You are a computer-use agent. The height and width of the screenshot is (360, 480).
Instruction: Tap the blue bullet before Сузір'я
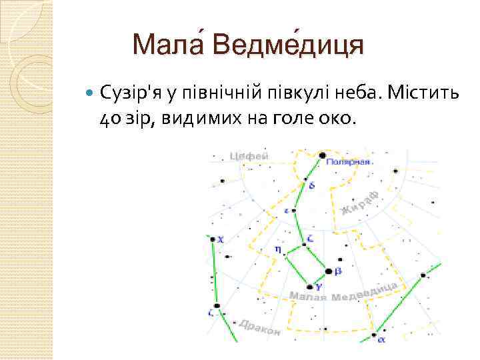coord(91,93)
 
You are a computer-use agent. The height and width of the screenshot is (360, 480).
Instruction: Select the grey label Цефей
coord(249,156)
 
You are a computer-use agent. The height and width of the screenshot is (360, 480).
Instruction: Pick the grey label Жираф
coord(361,203)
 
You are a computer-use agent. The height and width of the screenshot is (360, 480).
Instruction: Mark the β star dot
coord(328,271)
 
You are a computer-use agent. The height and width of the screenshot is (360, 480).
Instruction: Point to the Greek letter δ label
coord(313,185)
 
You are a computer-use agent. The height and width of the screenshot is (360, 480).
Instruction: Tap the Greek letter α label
coord(381,339)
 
